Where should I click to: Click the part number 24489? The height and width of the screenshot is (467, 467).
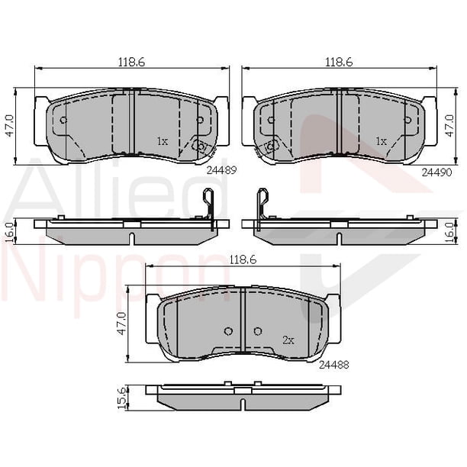coord(221,170)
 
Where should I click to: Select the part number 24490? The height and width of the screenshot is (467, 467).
coord(437,172)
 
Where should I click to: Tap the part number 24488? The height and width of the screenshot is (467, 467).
coord(334,366)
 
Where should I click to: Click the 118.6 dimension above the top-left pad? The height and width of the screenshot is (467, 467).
coord(132,63)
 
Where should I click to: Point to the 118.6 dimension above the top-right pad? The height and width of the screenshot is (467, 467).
coord(340,63)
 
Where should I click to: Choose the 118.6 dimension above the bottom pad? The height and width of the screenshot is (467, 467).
coord(243,260)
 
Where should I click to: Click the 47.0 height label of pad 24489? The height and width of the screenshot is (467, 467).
coord(11,126)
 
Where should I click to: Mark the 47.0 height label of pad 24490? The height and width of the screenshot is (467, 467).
coord(449,126)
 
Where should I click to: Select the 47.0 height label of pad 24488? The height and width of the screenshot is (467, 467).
coord(122,324)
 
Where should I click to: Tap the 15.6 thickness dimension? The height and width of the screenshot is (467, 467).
coord(122,398)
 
